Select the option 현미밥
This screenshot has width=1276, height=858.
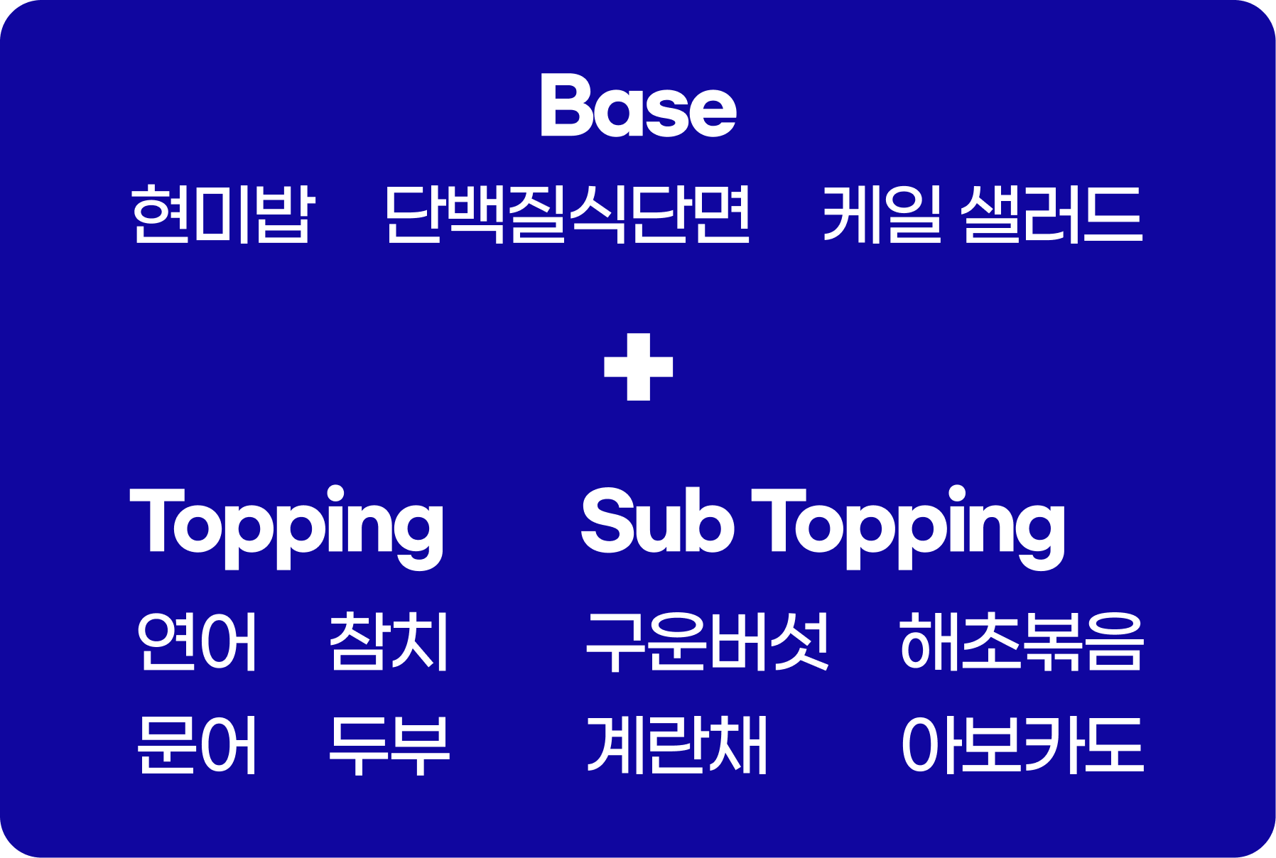pyautogui.click(x=223, y=214)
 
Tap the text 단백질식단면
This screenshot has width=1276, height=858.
pyautogui.click(x=567, y=214)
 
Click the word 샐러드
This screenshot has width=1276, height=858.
pyautogui.click(x=1052, y=214)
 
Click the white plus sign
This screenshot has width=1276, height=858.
pyautogui.click(x=638, y=366)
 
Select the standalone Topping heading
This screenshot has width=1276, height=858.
pyautogui.click(x=287, y=527)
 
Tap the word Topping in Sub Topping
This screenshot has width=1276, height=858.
pyautogui.click(x=909, y=527)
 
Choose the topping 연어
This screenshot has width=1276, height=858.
pyautogui.click(x=197, y=641)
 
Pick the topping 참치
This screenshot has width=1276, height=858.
pyautogui.click(x=389, y=641)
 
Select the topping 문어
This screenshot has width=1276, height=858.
pyautogui.click(x=197, y=745)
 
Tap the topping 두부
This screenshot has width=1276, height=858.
pyautogui.click(x=389, y=745)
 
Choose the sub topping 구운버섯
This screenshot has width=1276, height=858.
pyautogui.click(x=708, y=641)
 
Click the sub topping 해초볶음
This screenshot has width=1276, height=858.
pyautogui.click(x=1022, y=641)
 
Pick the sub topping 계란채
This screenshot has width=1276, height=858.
pyautogui.click(x=677, y=745)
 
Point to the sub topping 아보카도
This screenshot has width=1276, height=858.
pyautogui.click(x=1022, y=745)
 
